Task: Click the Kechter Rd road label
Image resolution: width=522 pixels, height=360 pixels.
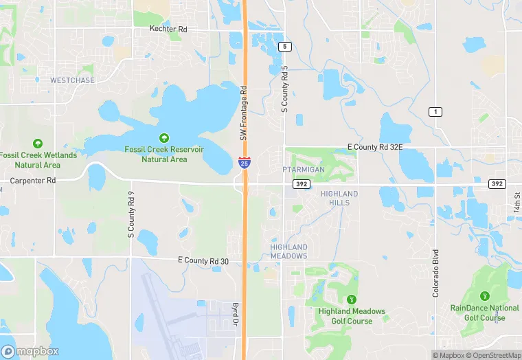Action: click(x=168, y=30)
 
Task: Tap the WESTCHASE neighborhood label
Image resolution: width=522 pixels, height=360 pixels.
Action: click(x=72, y=80)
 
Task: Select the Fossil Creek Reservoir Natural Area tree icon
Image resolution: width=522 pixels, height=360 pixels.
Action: click(x=164, y=138)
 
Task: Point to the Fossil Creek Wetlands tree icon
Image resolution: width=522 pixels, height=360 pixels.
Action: click(x=38, y=144)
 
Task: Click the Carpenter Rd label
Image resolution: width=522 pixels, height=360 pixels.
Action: click(x=32, y=180)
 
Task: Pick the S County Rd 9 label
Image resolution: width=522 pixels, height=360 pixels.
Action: click(x=130, y=214)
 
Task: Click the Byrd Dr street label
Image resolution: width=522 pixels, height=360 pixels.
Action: click(x=235, y=313)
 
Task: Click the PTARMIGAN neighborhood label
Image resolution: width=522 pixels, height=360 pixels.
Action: click(x=303, y=169)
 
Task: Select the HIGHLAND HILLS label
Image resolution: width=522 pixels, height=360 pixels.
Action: click(x=339, y=198)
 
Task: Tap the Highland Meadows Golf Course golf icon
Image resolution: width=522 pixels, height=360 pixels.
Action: click(x=352, y=300)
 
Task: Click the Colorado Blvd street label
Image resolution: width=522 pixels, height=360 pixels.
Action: click(x=435, y=273)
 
